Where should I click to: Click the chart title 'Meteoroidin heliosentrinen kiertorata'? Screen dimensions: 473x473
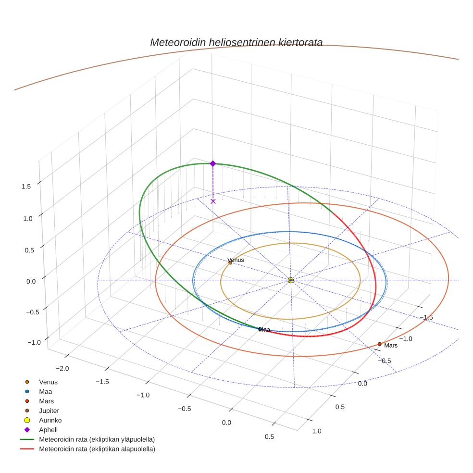point(236,42)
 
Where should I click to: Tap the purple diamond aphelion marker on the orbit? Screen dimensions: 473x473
point(213,163)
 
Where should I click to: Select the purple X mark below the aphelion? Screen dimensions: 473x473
point(213,201)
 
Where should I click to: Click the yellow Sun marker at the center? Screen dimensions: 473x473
point(291,280)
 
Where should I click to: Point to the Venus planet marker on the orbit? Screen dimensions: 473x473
point(230,262)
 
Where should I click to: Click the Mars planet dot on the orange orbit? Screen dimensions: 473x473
point(380,344)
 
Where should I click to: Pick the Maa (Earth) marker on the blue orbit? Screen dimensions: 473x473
point(260,329)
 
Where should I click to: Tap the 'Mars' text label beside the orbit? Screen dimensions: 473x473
point(391,346)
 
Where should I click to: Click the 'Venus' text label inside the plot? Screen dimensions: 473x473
point(236,260)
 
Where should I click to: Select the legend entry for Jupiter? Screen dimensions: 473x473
point(49,411)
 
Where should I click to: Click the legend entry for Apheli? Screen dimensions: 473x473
point(48,430)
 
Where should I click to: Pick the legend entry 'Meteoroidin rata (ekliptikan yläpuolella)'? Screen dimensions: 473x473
point(97,439)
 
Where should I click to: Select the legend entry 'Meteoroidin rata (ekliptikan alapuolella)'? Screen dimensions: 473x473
point(97,449)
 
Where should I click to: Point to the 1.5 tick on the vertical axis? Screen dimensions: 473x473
point(27,187)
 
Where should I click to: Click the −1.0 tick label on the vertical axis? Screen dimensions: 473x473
point(34,342)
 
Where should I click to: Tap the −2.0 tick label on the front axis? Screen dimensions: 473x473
point(62,368)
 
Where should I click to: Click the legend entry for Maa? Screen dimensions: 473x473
point(46,391)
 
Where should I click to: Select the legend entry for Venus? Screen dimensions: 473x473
point(48,382)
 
